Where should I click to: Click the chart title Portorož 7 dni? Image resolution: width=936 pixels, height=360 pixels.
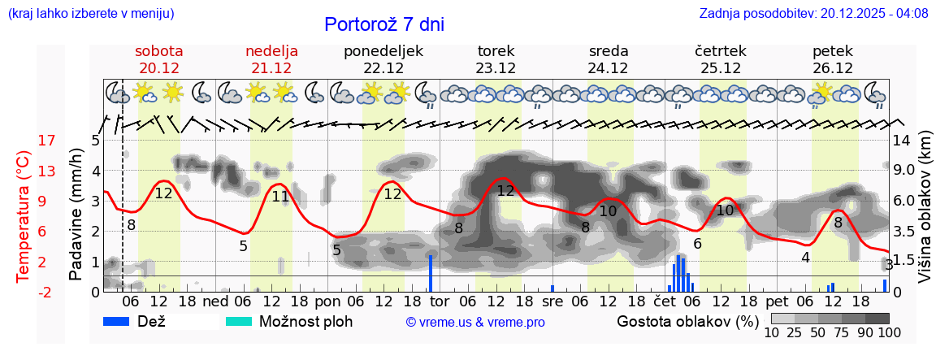(384, 24)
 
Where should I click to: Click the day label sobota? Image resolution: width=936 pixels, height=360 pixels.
(158, 51)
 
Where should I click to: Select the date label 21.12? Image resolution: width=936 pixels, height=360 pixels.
(271, 68)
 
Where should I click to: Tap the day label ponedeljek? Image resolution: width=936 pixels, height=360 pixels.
(383, 51)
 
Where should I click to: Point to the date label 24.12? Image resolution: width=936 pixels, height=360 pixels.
(608, 68)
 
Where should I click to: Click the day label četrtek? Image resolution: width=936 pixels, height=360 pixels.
(720, 51)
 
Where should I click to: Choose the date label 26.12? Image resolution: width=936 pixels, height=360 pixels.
(833, 68)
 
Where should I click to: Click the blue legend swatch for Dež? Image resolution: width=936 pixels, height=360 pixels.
(122, 321)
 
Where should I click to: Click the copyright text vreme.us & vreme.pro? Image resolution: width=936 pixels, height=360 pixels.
(475, 322)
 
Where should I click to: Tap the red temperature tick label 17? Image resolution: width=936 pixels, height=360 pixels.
(24, 141)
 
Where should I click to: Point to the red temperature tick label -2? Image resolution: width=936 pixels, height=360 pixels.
(24, 292)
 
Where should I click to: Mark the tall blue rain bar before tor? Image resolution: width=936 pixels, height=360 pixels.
(431, 273)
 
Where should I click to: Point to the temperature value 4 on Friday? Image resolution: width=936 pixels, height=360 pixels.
(805, 258)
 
